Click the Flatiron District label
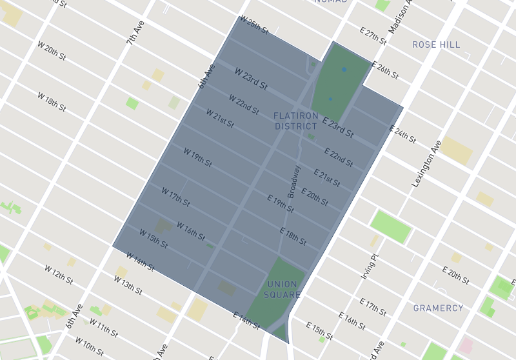(x=296, y=121)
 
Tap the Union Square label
(x=282, y=290)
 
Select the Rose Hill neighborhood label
(x=436, y=45)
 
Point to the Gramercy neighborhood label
(x=438, y=308)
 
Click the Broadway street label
(x=294, y=182)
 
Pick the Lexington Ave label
(x=426, y=164)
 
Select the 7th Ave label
(x=135, y=32)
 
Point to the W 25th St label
(x=253, y=26)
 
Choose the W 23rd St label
(x=251, y=79)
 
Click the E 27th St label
(x=373, y=36)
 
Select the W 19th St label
(x=197, y=157)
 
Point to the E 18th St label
(x=293, y=235)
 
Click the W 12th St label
(x=58, y=273)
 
